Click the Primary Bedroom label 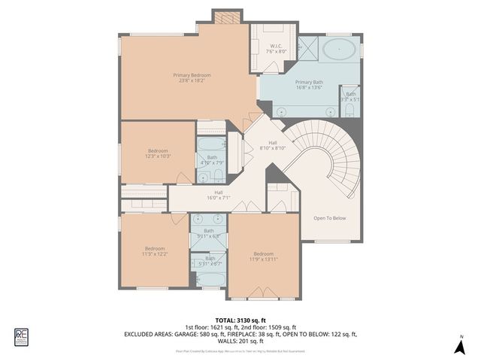coord(191,78)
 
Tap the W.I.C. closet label coord(277,49)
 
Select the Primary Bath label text coord(309,85)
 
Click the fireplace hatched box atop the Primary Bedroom coord(223,17)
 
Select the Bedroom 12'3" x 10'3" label coord(158,153)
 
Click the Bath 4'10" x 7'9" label coord(211,160)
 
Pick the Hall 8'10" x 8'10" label coord(273,146)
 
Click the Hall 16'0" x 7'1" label coord(217,196)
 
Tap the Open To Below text coord(329,218)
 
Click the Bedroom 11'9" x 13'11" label coord(263,256)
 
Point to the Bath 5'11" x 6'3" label coord(209,233)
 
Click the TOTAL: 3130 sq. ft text coord(240,320)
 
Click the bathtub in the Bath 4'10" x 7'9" coord(210,143)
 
